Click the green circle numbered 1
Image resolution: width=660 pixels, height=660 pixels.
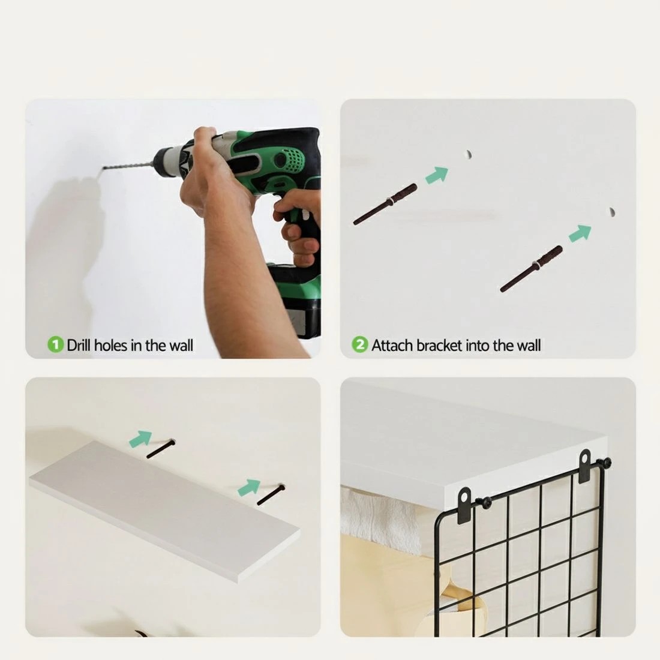(55, 345)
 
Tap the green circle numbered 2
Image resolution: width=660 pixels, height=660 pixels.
(360, 345)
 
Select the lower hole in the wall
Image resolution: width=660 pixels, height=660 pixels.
(611, 212)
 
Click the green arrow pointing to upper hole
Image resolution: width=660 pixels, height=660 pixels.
(437, 174)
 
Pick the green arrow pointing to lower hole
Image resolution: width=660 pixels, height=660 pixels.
(580, 233)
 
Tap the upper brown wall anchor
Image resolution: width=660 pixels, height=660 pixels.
(385, 204)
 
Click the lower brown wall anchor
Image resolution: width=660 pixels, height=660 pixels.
(531, 269)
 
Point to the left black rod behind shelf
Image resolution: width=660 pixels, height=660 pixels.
(160, 449)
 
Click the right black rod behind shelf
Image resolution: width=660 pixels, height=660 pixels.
(271, 495)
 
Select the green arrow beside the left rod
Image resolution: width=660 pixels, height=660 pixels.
(140, 439)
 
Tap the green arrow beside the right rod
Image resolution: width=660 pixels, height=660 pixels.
(249, 487)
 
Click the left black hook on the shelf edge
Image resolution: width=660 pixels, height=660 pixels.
(464, 505)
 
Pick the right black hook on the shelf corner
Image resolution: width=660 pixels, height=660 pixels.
(585, 466)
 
